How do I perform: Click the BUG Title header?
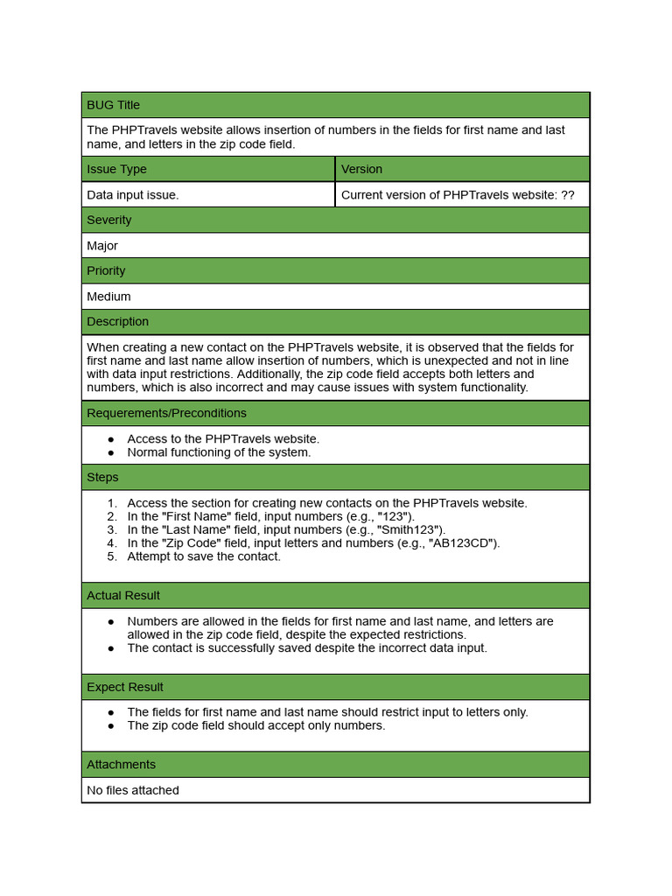(x=114, y=105)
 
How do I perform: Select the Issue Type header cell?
(x=117, y=169)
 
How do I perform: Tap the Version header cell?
(x=361, y=169)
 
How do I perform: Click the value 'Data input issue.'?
(x=133, y=195)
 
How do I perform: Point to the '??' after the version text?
(x=567, y=195)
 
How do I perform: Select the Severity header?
(x=109, y=220)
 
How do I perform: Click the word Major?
(x=102, y=246)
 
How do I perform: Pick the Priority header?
(x=106, y=270)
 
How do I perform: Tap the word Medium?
(x=108, y=297)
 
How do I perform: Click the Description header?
(x=118, y=321)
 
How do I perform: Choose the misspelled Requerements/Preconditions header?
(x=167, y=413)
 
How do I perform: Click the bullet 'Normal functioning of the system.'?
(x=219, y=452)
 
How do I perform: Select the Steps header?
(x=102, y=477)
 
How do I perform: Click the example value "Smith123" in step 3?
(x=409, y=529)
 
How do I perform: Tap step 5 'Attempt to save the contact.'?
(x=204, y=556)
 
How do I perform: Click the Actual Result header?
(x=123, y=595)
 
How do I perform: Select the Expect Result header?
(x=125, y=687)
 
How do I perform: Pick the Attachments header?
(x=122, y=764)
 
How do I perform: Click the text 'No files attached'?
(x=133, y=790)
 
